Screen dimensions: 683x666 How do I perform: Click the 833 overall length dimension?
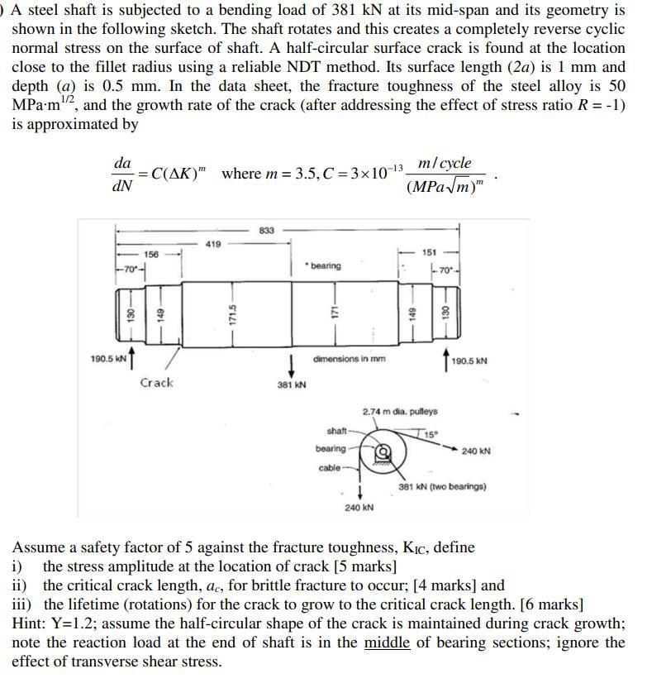coord(266,230)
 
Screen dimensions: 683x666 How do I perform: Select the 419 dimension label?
coord(213,244)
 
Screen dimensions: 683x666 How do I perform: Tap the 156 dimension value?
coord(151,254)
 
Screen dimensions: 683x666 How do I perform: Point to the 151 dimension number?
coord(429,252)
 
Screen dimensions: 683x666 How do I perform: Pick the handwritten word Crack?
coord(156,383)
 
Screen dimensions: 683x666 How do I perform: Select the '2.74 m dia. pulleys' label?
coord(400,411)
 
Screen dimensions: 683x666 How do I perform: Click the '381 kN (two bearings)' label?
coord(442,487)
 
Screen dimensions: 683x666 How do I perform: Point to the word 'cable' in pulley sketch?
coord(329,468)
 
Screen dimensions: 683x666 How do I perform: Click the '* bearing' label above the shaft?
coord(322,265)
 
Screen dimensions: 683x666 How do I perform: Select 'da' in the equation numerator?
coord(121,163)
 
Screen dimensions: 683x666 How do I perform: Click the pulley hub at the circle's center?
coord(382,452)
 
